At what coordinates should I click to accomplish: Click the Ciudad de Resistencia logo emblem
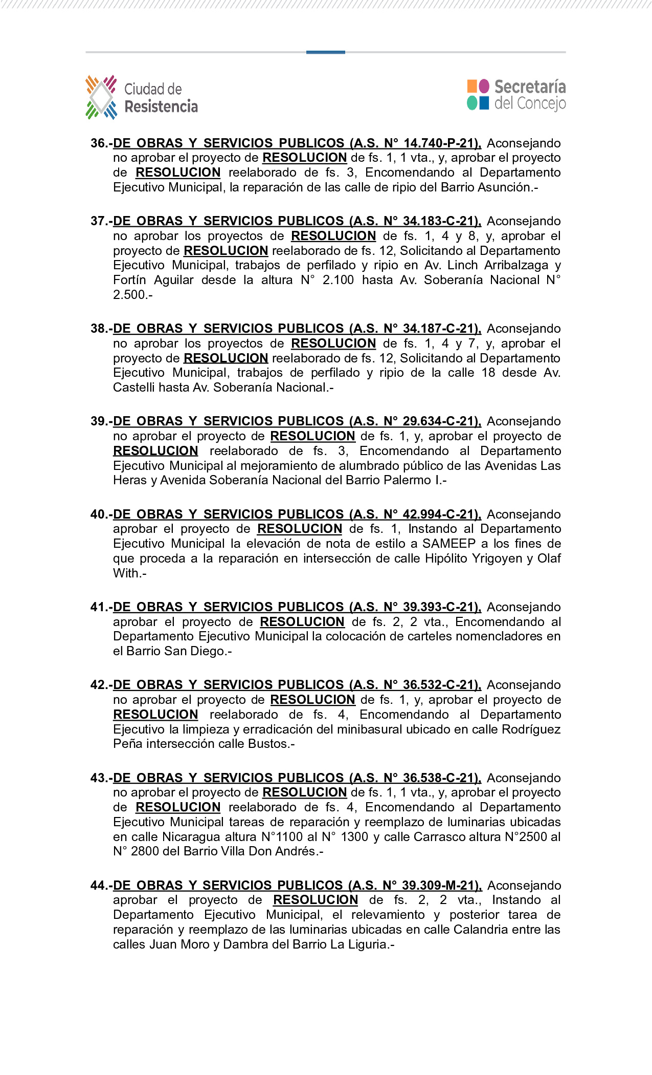coord(101,97)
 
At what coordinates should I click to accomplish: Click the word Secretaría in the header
coord(530,87)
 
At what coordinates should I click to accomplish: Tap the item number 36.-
coord(101,143)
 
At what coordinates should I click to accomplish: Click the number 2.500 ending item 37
coord(129,295)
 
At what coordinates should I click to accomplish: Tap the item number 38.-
coord(101,329)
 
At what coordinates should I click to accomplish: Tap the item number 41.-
coord(101,607)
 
